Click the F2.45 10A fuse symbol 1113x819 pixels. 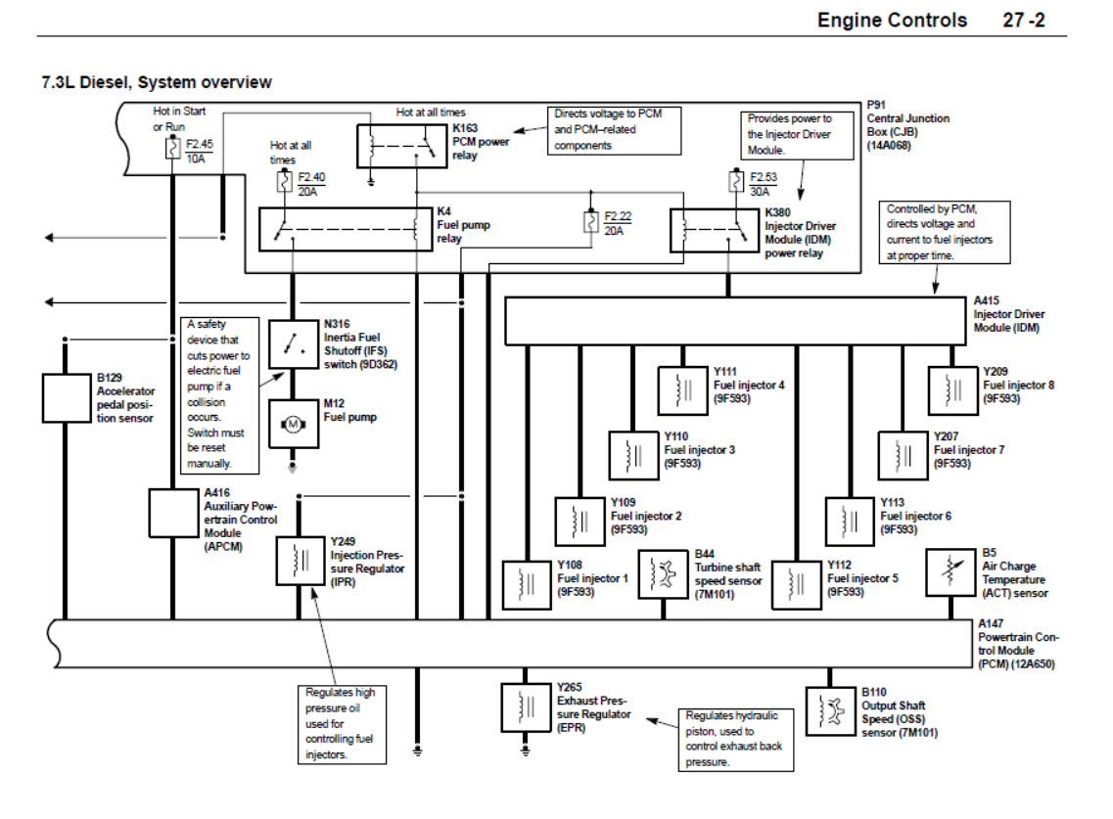tap(172, 149)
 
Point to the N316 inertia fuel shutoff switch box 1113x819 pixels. tap(293, 343)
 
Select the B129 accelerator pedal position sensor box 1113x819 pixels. tap(66, 397)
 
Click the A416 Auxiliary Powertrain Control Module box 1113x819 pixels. tap(172, 513)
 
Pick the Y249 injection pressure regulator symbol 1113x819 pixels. tap(300, 560)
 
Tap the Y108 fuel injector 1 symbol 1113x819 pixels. tap(527, 585)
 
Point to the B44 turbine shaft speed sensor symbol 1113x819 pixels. tap(663, 573)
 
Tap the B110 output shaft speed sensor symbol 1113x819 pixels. tap(829, 710)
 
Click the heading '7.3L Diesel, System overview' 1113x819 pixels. tap(157, 82)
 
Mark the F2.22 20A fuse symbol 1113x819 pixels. tap(590, 222)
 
